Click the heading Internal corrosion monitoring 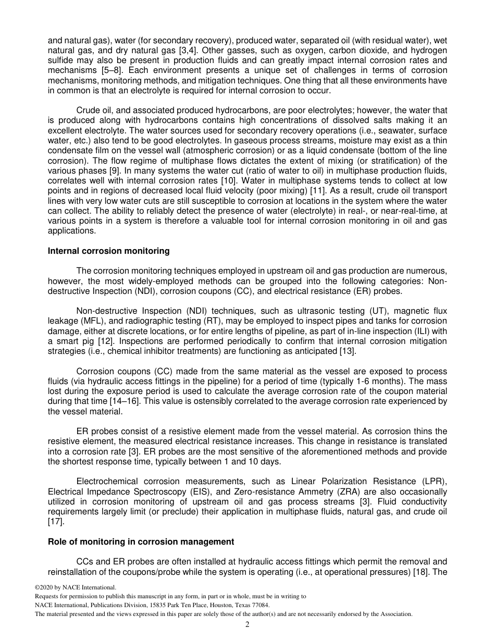[108, 251]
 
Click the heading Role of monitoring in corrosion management [141, 542]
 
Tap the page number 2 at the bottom [247, 625]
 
